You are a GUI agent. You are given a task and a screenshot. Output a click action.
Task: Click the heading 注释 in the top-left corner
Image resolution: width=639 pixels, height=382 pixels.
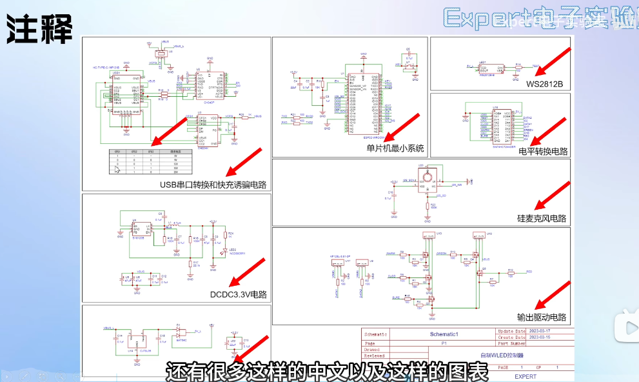pyautogui.click(x=39, y=28)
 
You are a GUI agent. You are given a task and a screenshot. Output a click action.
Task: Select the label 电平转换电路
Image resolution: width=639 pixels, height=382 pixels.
pyautogui.click(x=542, y=152)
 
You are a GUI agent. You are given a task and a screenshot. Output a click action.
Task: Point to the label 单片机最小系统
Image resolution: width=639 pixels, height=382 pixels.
pyautogui.click(x=395, y=148)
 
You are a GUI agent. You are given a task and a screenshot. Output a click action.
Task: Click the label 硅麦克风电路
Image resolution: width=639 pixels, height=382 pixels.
pyautogui.click(x=542, y=219)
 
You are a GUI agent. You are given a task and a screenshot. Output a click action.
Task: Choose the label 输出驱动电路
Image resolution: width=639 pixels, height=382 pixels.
pyautogui.click(x=542, y=317)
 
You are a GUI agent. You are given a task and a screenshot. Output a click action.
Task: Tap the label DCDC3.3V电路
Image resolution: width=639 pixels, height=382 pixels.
pyautogui.click(x=239, y=294)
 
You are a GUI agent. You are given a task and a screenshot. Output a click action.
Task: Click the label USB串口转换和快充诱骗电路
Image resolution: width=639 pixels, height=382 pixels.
pyautogui.click(x=213, y=185)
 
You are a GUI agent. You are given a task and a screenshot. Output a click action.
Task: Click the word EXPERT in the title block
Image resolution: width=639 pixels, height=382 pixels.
pyautogui.click(x=526, y=376)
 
